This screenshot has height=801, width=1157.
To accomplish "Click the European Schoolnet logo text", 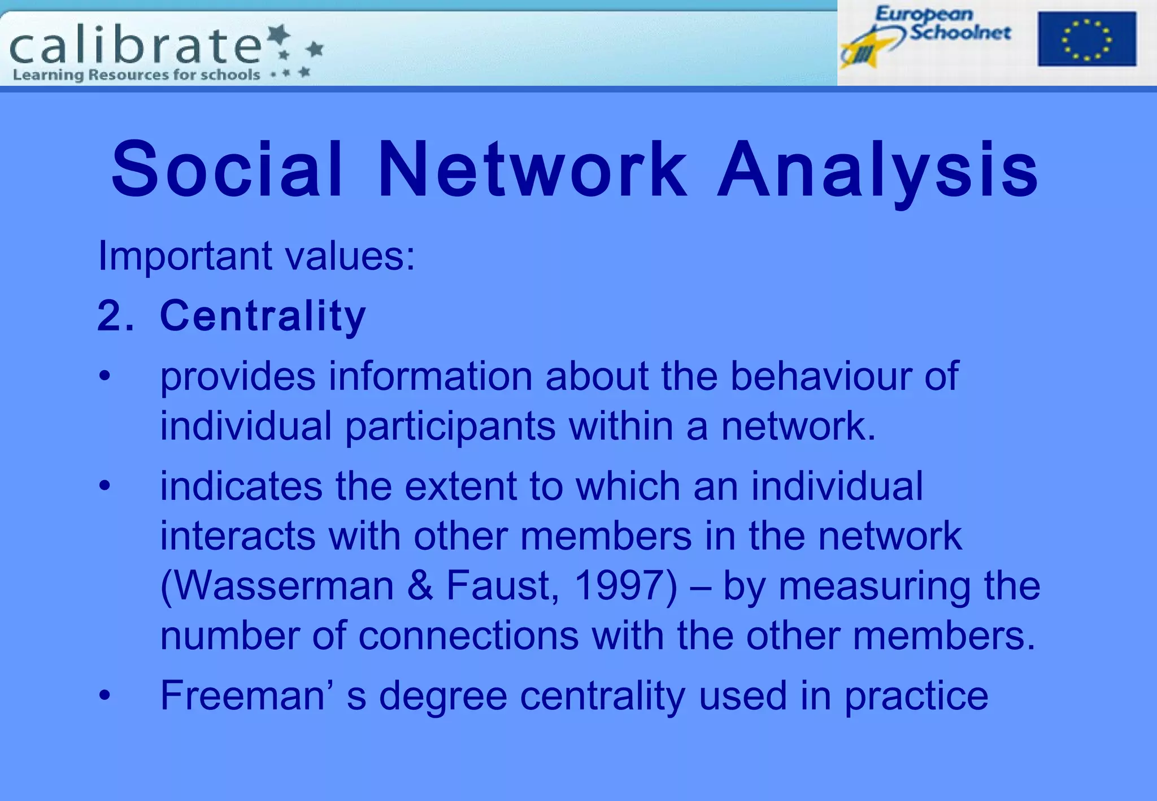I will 942,24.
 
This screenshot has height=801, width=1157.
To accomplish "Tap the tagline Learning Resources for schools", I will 136,75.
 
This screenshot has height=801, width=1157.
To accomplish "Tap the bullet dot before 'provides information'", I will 105,376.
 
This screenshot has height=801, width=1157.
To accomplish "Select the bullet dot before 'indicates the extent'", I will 105,486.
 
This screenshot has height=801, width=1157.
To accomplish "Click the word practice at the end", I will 916,696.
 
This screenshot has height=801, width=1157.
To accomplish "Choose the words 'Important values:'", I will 256,256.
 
